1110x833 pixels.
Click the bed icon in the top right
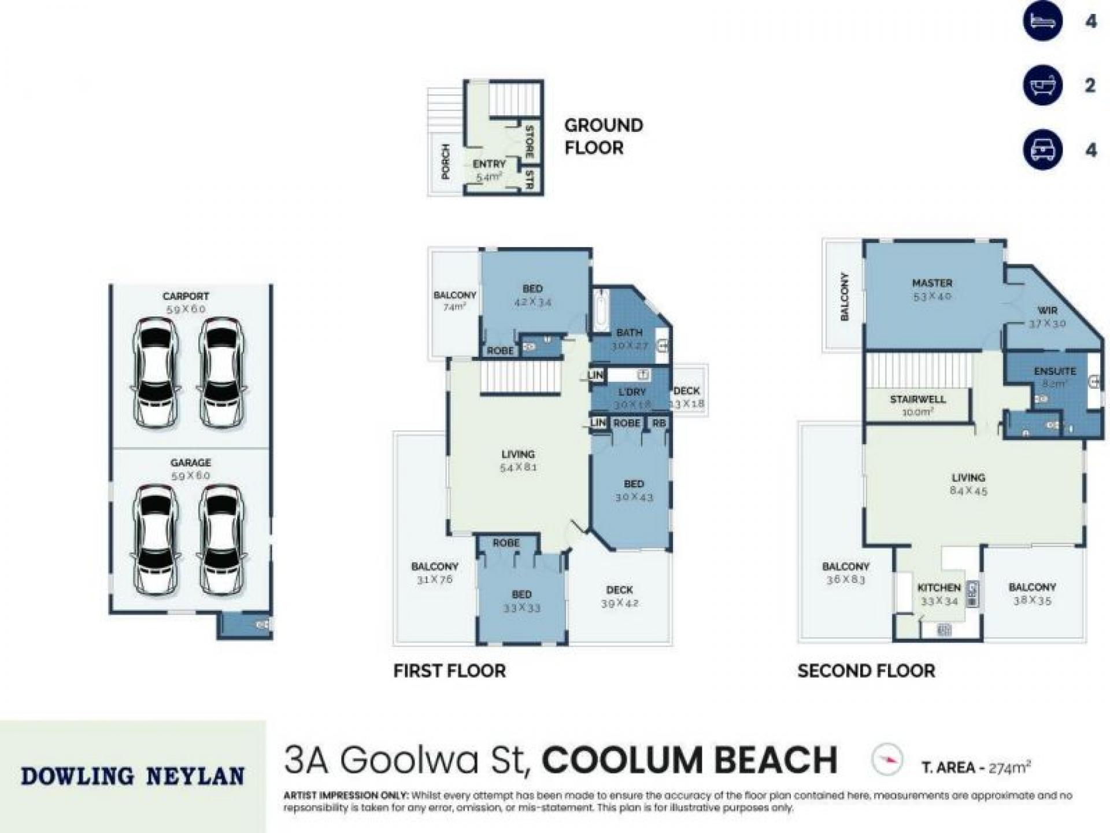(x=1043, y=21)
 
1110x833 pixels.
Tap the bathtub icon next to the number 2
(x=1043, y=85)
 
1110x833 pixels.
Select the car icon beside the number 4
(x=1043, y=150)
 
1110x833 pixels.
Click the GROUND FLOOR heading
(x=603, y=137)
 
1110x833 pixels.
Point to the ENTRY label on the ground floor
(x=489, y=165)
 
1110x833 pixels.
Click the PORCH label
(x=446, y=161)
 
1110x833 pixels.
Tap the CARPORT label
(x=186, y=296)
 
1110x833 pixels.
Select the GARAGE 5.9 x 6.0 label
(x=190, y=469)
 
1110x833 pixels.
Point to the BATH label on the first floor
(x=630, y=333)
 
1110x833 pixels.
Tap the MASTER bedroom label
(x=932, y=283)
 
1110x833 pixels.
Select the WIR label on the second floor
(x=1047, y=311)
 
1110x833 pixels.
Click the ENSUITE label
(x=1055, y=371)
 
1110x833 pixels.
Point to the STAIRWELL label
(x=918, y=399)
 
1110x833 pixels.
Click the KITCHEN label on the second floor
(x=939, y=588)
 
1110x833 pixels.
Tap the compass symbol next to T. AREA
(x=886, y=760)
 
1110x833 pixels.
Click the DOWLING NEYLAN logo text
(x=132, y=776)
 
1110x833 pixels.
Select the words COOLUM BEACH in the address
(x=689, y=760)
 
